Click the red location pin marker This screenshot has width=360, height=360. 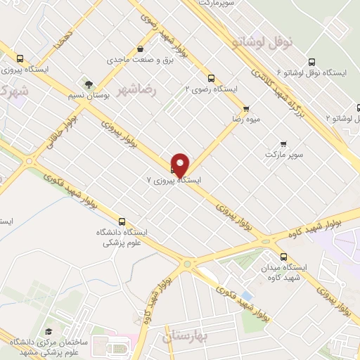pos(181,165)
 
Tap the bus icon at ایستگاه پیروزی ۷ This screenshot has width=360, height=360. pos(174,168)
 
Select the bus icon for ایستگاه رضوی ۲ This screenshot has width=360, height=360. pos(211,79)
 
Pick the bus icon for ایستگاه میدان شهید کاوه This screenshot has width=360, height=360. pos(283,257)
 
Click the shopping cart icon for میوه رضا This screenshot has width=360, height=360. pos(245,108)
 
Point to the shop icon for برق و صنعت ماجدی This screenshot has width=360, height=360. pos(142,49)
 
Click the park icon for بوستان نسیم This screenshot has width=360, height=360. pos(87,84)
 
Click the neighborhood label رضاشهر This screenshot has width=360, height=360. pos(136,91)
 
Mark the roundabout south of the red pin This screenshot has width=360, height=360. pos(187,264)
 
